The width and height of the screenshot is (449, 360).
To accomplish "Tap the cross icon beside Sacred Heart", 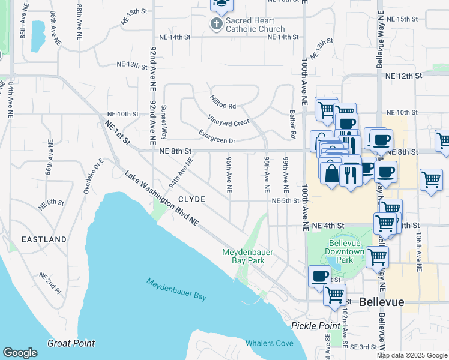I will pyautogui.click(x=216, y=24).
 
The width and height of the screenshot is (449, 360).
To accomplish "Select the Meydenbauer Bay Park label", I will pyautogui.click(x=247, y=256).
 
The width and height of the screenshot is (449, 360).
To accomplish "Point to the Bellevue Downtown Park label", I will pyautogui.click(x=346, y=251).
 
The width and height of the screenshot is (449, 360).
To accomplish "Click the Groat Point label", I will pyautogui.click(x=71, y=343).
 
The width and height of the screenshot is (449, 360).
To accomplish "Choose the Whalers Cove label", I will pyautogui.click(x=270, y=343).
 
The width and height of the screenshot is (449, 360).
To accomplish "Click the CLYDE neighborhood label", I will pyautogui.click(x=191, y=199).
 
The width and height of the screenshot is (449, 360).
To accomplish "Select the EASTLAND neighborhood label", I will pyautogui.click(x=44, y=239).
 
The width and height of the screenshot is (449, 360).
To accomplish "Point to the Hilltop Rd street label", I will pyautogui.click(x=223, y=101).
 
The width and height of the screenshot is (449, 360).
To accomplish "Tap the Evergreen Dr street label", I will pyautogui.click(x=217, y=136).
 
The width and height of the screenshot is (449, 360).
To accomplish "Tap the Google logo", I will pyautogui.click(x=20, y=353).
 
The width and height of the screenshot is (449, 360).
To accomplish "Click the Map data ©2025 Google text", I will pyautogui.click(x=411, y=355).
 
